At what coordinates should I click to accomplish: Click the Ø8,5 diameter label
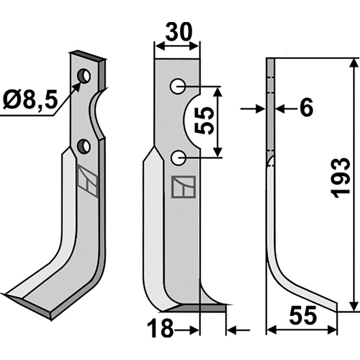click(x=30, y=99)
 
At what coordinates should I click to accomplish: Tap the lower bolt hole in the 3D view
click(x=84, y=146)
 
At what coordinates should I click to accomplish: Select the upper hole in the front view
click(x=177, y=86)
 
